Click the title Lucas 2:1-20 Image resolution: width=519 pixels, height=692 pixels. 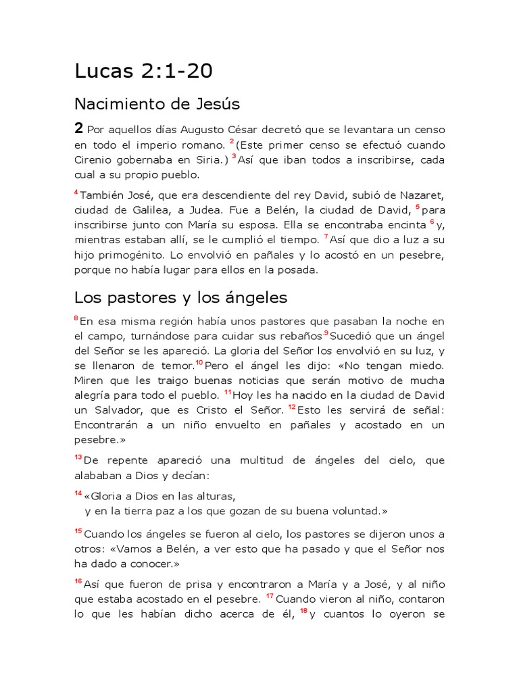(143, 71)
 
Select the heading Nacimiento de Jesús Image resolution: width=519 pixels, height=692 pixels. (157, 104)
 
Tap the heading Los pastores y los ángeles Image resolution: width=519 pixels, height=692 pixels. (180, 297)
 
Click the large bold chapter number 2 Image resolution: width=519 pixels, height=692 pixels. (79, 128)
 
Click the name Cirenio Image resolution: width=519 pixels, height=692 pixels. (94, 159)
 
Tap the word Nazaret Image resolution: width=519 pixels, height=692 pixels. (418, 195)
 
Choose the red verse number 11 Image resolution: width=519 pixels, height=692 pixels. (228, 393)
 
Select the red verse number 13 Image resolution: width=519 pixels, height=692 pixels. (78, 458)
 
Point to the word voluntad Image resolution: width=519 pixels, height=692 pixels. (357, 510)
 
